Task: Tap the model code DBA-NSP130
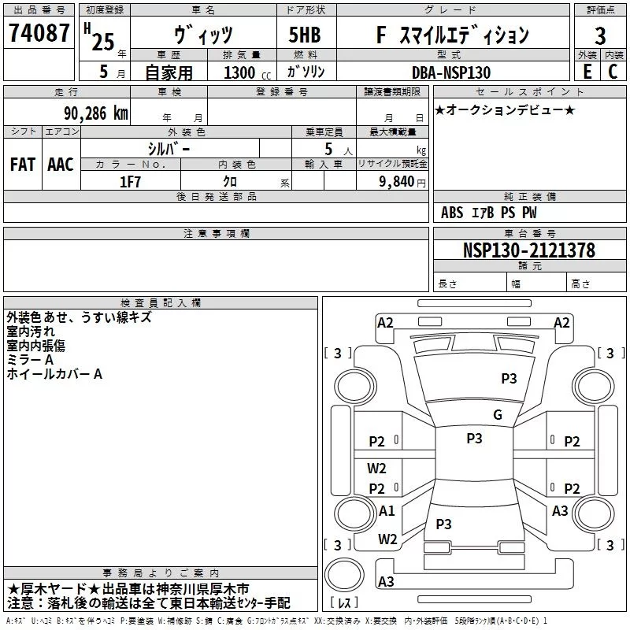click(450, 72)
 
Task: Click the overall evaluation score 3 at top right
click(600, 35)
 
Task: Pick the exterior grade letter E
click(587, 72)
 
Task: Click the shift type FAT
click(23, 165)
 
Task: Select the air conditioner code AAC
click(61, 165)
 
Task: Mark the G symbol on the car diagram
click(497, 415)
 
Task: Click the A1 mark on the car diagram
click(387, 511)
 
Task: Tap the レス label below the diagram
click(344, 604)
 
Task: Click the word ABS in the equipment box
click(452, 213)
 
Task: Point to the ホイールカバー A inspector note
click(54, 374)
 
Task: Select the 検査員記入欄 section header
click(161, 302)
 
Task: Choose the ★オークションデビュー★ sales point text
click(505, 109)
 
